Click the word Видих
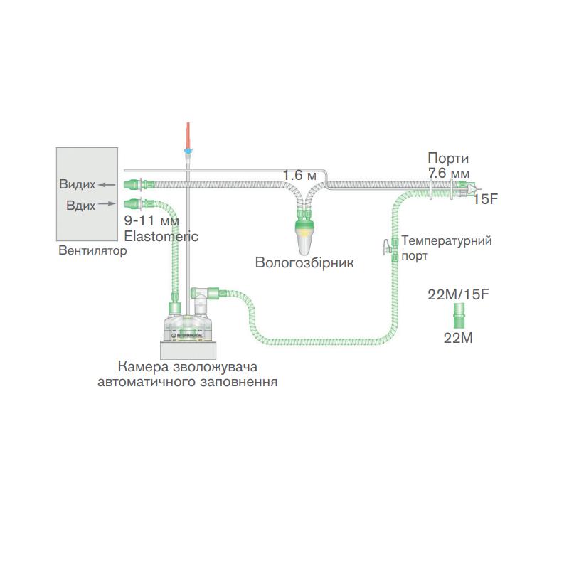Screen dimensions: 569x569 click(78, 185)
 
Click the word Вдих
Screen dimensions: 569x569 click(80, 204)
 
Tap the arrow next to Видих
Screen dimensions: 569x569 click(107, 185)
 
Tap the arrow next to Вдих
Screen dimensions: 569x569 click(106, 203)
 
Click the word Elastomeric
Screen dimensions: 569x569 click(161, 235)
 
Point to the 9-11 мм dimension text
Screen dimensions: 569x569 click(151, 221)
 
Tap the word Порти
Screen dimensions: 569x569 click(448, 158)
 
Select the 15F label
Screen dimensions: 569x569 click(486, 199)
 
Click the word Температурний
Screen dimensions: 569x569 click(447, 240)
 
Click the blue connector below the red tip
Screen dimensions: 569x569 click(187, 152)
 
